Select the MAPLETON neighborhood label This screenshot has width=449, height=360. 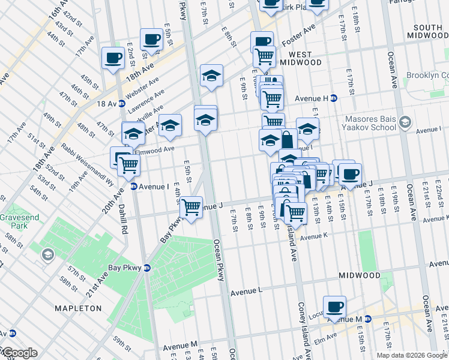coord(78,308)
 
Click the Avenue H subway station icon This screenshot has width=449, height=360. coord(334,98)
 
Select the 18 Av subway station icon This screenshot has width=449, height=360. coord(121,103)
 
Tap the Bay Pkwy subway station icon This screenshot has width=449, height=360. coord(146,268)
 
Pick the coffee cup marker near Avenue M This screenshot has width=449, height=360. coord(334,307)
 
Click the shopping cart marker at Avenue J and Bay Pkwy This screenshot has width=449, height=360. coord(191,208)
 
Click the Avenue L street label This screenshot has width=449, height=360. coord(247,291)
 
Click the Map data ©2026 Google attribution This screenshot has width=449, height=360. coord(411,355)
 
